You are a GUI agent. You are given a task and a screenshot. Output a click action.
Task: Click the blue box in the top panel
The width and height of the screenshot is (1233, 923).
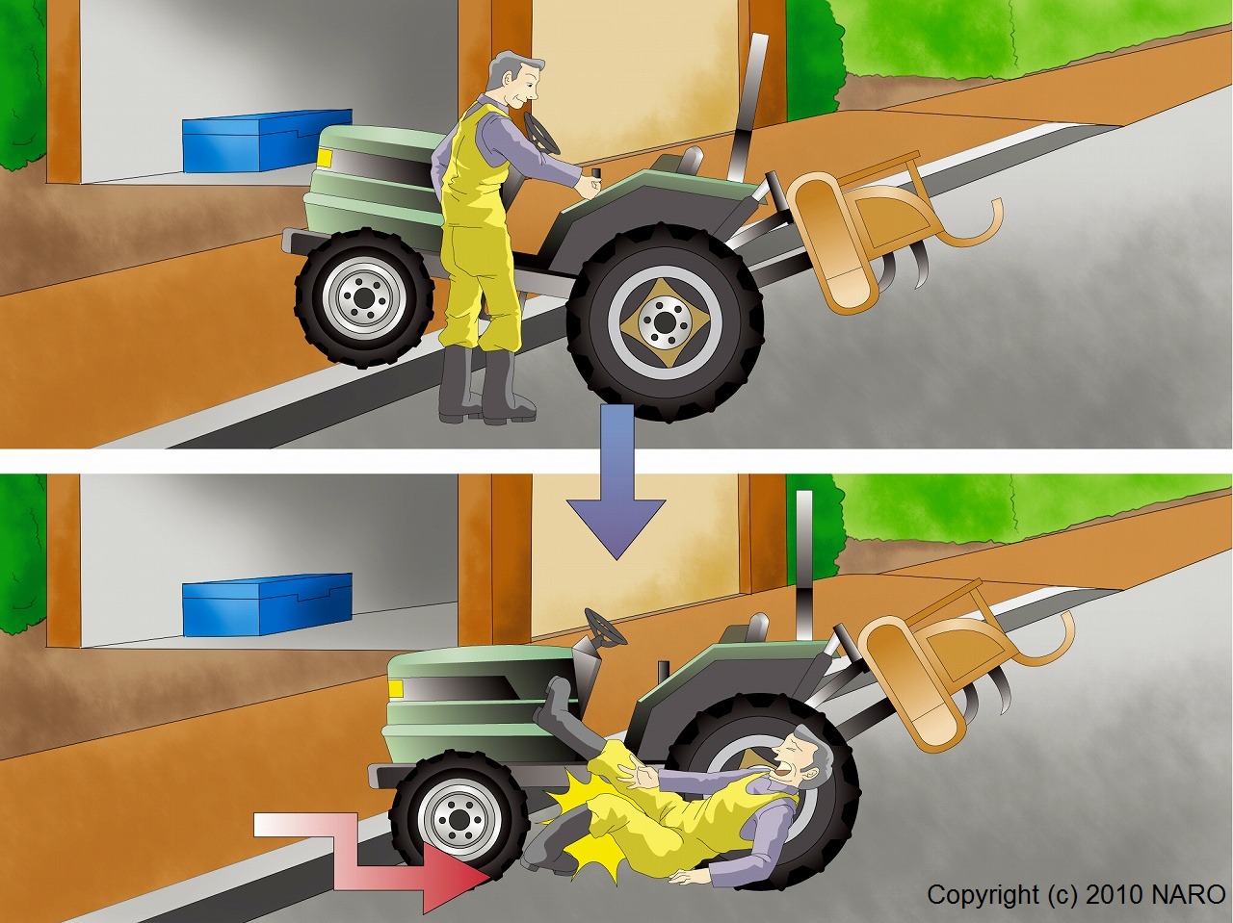click(268, 141)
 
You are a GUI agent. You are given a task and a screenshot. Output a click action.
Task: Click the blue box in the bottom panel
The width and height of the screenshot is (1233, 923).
click(268, 604)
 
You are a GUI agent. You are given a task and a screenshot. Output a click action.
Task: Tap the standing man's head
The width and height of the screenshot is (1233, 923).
click(514, 83)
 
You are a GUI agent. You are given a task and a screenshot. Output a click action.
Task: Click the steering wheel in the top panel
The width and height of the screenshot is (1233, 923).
click(541, 135)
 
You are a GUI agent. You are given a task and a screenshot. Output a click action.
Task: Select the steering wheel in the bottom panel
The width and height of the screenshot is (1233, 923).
click(606, 627)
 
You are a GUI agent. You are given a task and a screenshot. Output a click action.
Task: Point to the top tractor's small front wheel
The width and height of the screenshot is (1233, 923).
click(364, 297)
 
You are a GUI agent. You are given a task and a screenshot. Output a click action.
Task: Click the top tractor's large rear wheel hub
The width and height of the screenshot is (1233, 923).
click(665, 322)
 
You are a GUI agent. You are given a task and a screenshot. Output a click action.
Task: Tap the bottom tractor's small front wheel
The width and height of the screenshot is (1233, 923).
click(459, 820)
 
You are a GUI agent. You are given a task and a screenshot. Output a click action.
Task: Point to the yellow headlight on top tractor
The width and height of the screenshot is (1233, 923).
click(324, 158)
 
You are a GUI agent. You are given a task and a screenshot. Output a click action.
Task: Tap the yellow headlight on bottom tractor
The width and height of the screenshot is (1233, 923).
click(396, 688)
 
